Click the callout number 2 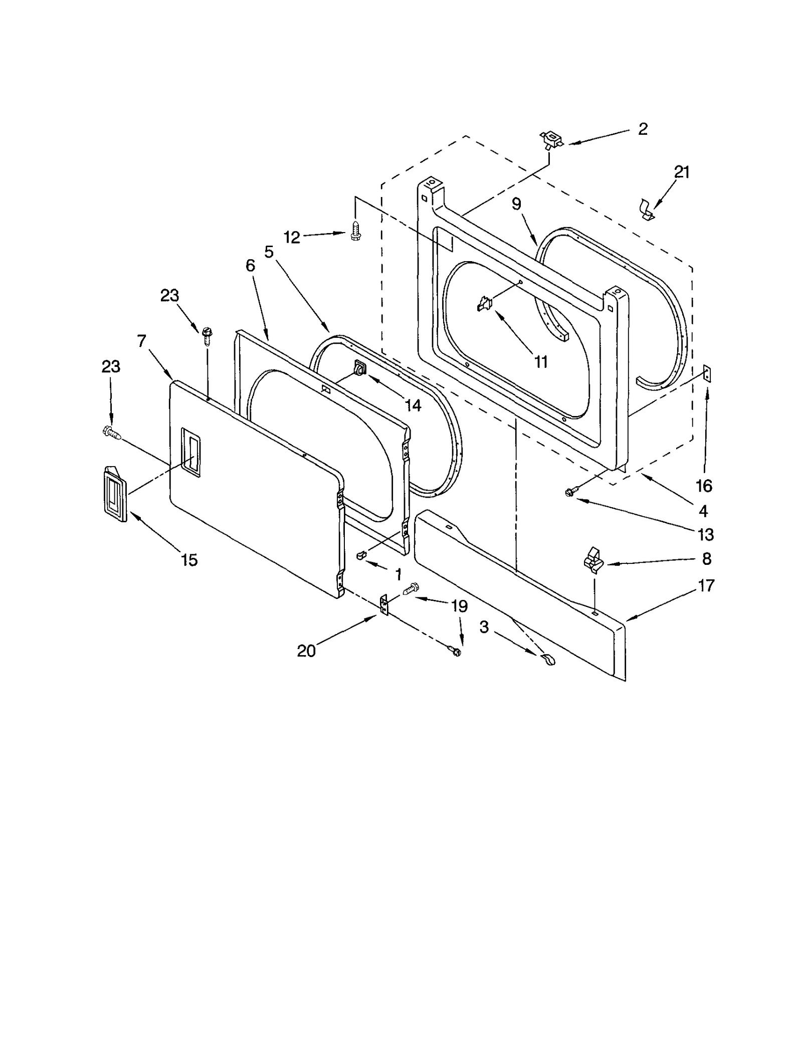tap(643, 129)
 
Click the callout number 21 tap(682, 172)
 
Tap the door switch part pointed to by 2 tap(551, 140)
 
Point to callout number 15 tap(189, 560)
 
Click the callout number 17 tap(706, 585)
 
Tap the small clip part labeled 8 tap(594, 559)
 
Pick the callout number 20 tap(306, 651)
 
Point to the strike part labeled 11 tap(485, 303)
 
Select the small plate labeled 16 tap(707, 373)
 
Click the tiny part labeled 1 tap(361, 555)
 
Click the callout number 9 tap(516, 204)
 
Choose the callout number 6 tap(250, 265)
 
